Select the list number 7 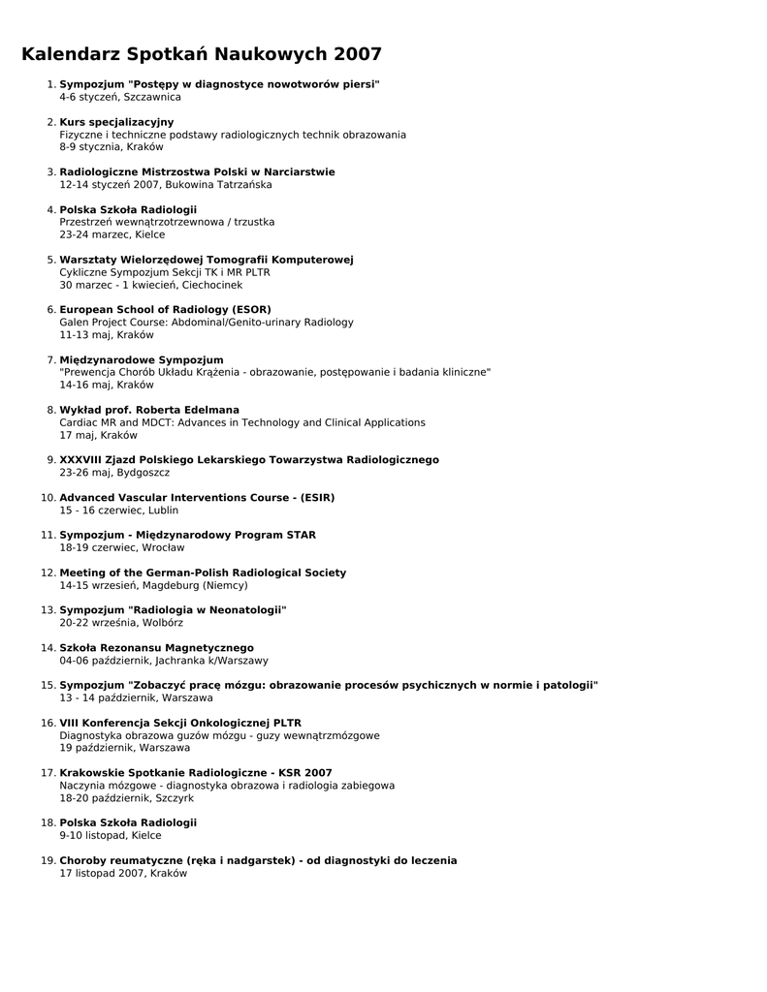pos(50,359)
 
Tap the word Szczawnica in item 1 pos(151,97)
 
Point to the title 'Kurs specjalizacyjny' pos(116,122)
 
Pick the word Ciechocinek pos(208,285)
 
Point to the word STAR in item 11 pos(301,535)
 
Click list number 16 pos(48,723)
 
